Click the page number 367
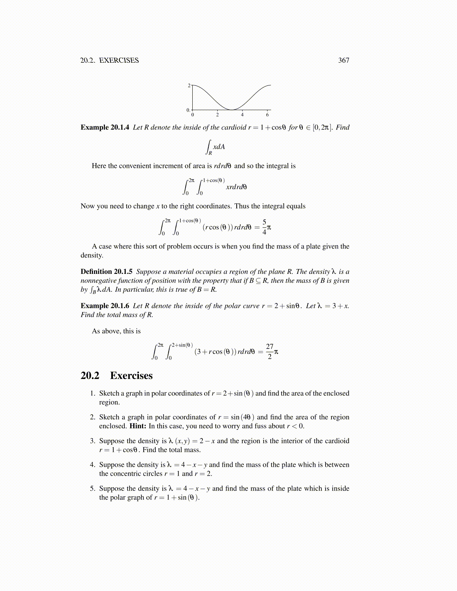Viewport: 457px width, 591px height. point(343,60)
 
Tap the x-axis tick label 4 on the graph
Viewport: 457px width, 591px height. point(242,115)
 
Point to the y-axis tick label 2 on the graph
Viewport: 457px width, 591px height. point(189,85)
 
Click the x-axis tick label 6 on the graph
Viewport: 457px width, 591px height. point(267,115)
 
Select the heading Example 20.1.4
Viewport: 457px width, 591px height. point(105,127)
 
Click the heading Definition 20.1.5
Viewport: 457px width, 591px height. point(106,272)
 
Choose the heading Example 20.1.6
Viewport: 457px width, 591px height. point(105,306)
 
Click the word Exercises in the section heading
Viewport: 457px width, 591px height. point(131,375)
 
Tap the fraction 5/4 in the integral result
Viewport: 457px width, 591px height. point(264,227)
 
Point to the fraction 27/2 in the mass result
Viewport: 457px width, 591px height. point(270,351)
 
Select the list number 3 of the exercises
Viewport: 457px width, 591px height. point(93,441)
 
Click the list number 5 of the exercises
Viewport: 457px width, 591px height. point(93,489)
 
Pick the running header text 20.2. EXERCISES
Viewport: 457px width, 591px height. point(109,60)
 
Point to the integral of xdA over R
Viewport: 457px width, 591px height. point(216,147)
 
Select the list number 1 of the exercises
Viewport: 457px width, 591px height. point(93,393)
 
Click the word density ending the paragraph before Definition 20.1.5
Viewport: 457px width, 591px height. point(91,256)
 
